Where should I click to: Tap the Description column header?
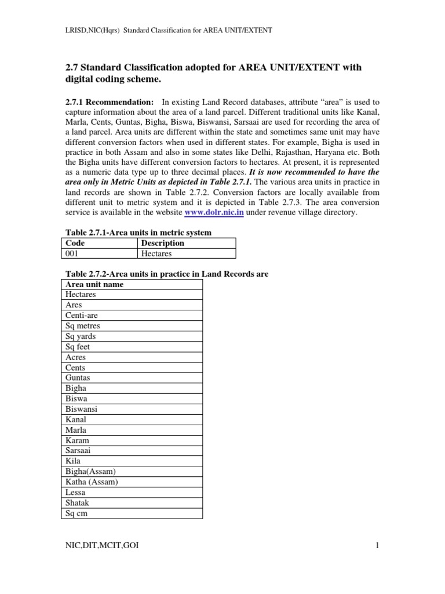pyautogui.click(x=162, y=243)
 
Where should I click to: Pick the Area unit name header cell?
pyautogui.click(x=94, y=284)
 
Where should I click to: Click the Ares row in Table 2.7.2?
pyautogui.click(x=74, y=305)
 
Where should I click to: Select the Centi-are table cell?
pyautogui.click(x=82, y=316)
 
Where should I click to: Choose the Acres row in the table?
pyautogui.click(x=76, y=357)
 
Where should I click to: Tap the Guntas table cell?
pyautogui.click(x=78, y=378)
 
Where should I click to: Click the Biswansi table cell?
pyautogui.click(x=82, y=409)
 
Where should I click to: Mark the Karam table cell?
pyautogui.click(x=78, y=440)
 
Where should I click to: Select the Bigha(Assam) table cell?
pyautogui.click(x=87, y=472)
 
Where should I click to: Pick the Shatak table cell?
pyautogui.click(x=78, y=503)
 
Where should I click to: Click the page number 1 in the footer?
pyautogui.click(x=377, y=546)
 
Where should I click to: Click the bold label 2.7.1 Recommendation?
pyautogui.click(x=110, y=102)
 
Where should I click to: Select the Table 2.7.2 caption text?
pyautogui.click(x=165, y=274)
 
